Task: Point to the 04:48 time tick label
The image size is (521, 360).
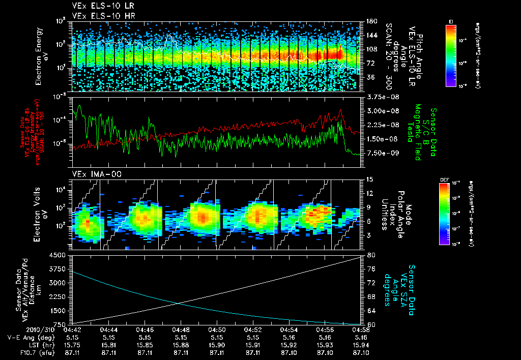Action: click(x=181, y=329)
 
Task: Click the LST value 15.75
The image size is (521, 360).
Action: click(x=73, y=344)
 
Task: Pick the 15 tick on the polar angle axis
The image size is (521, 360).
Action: click(x=367, y=179)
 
